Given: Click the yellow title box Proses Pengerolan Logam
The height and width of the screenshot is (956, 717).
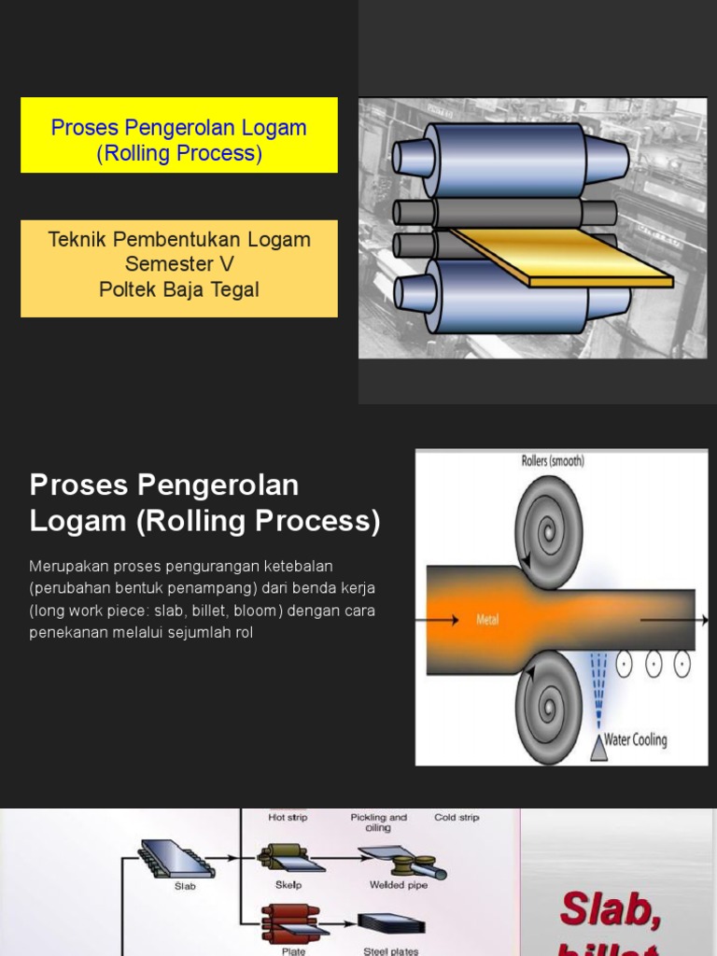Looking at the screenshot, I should point(178,135).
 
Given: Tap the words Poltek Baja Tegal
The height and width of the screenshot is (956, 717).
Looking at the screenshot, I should point(178,289).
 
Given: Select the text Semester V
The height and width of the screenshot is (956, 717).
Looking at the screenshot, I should point(178,264).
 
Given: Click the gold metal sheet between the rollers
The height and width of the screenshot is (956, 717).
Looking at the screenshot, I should point(560,258).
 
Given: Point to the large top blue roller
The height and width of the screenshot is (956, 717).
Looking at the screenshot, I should point(509,160).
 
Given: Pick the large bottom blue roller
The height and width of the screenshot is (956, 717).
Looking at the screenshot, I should point(509,297).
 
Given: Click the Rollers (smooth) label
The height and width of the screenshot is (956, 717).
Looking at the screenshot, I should point(552,461).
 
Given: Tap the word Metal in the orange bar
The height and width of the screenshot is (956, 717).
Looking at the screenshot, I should point(487,619).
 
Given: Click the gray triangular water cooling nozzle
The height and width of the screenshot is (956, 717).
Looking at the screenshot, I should point(598,747).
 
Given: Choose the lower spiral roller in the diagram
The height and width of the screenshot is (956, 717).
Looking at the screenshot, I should point(549,707).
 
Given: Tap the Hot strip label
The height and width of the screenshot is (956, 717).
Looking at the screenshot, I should point(288,818).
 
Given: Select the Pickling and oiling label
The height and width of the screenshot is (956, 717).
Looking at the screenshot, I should point(378,822).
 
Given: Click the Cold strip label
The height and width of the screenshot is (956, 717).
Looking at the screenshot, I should point(457,818).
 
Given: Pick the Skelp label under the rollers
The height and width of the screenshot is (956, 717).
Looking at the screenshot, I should point(288,885).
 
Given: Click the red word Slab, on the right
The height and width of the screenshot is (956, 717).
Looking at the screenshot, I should point(611,908).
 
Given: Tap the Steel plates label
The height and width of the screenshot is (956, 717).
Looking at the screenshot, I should point(390,951).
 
